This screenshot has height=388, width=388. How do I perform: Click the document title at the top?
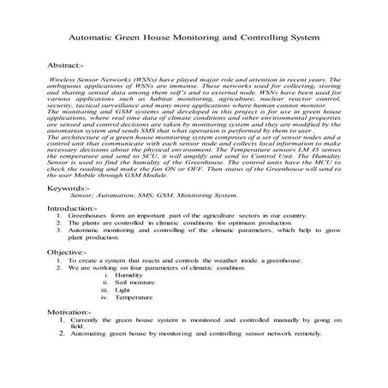point(193,38)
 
